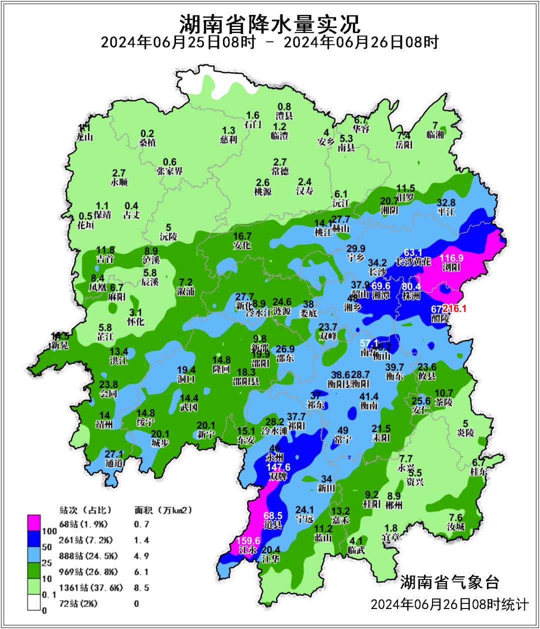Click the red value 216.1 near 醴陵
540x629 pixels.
(x=454, y=309)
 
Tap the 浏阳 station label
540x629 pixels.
(x=451, y=267)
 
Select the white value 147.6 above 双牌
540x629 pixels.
(x=278, y=467)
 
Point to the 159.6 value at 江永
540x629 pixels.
(x=248, y=541)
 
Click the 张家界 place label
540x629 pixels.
(x=169, y=171)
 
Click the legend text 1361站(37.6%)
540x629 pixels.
(x=90, y=587)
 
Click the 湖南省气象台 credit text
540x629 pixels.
(x=449, y=582)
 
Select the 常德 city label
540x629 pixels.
(x=279, y=171)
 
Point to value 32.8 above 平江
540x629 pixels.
(x=446, y=202)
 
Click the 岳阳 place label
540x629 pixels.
(x=404, y=145)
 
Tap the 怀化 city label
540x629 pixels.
(x=135, y=321)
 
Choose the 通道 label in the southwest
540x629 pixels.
(x=114, y=463)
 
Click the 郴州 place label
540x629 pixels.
(x=394, y=505)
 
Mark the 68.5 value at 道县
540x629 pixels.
(x=273, y=515)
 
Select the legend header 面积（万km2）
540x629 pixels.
(x=163, y=510)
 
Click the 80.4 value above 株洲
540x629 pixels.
(x=411, y=286)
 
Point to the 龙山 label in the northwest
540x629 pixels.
(x=84, y=136)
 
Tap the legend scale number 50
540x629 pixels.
(x=46, y=547)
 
